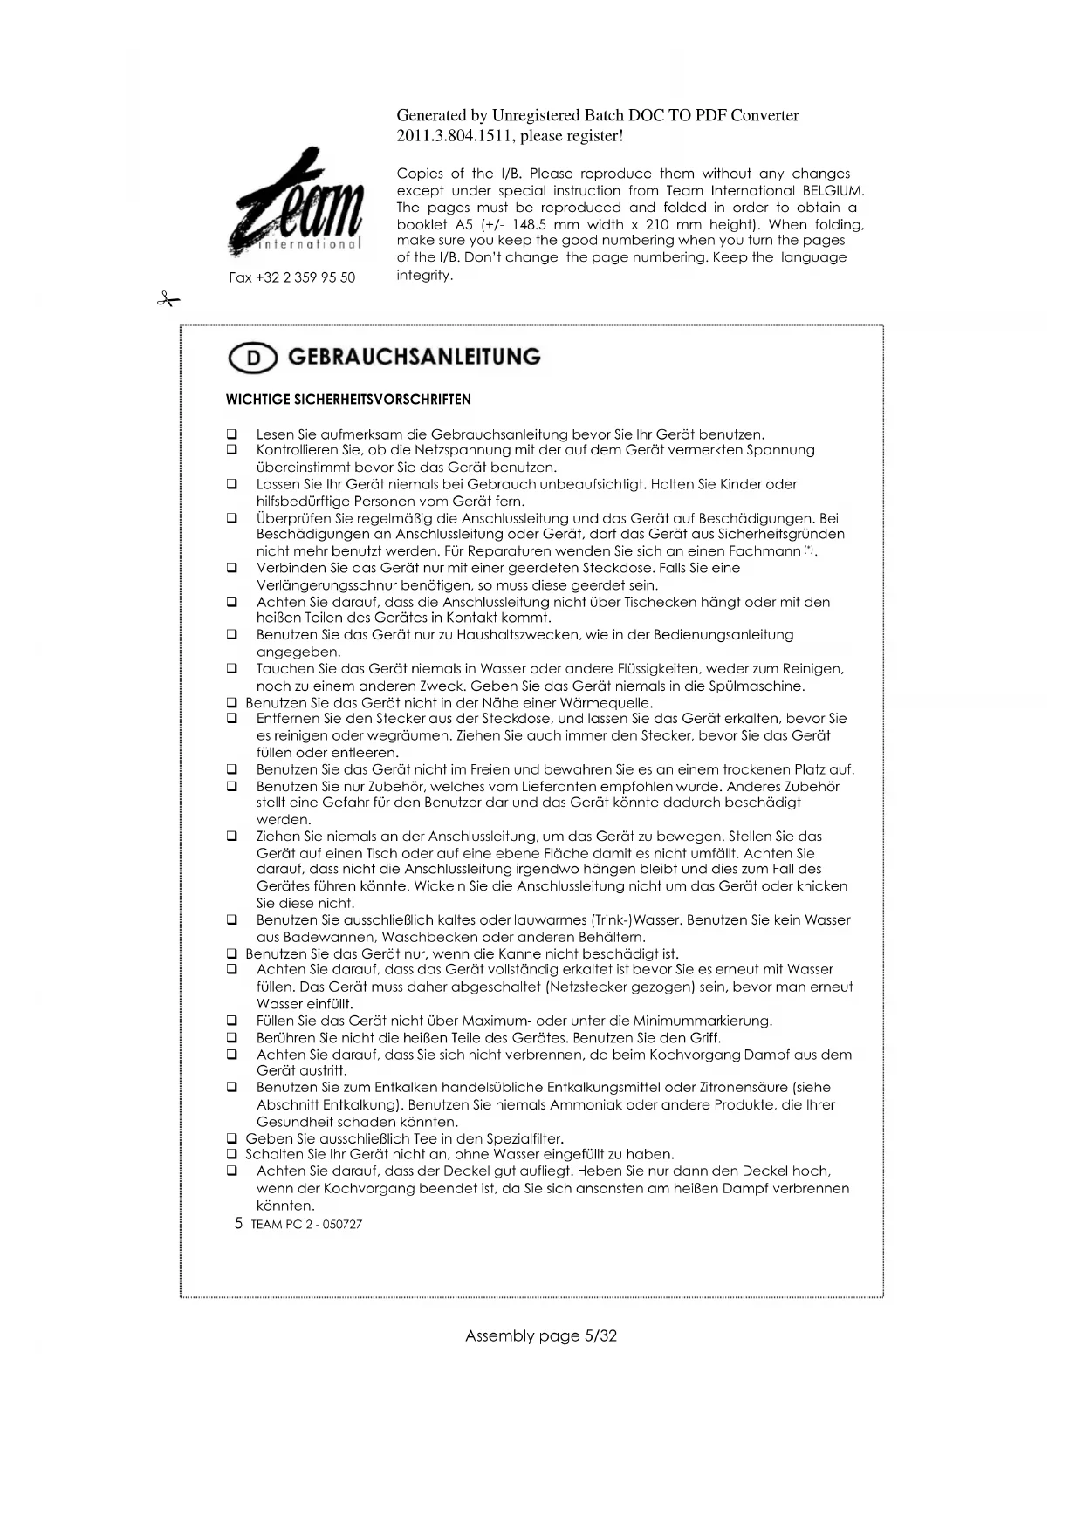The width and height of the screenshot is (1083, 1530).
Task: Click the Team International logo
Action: click(x=297, y=203)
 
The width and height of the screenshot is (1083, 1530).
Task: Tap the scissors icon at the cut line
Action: click(x=168, y=300)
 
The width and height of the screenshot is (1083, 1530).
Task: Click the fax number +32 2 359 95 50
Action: click(x=292, y=277)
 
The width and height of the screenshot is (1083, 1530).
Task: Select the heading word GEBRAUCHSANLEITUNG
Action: click(x=414, y=357)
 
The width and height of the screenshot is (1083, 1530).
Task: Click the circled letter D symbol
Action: click(x=252, y=358)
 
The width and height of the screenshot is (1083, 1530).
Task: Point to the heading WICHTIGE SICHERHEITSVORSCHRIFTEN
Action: click(x=348, y=400)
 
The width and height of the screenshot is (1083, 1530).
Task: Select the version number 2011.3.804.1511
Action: click(x=455, y=136)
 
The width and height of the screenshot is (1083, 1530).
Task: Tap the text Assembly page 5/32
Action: click(x=541, y=1335)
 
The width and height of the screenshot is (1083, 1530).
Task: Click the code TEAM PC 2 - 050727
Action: click(x=306, y=1224)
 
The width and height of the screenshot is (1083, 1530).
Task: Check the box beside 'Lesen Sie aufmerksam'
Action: click(x=232, y=434)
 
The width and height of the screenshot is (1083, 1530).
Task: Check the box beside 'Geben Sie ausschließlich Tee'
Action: click(x=232, y=1138)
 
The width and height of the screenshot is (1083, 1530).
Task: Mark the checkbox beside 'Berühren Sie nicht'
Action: click(x=232, y=1038)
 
